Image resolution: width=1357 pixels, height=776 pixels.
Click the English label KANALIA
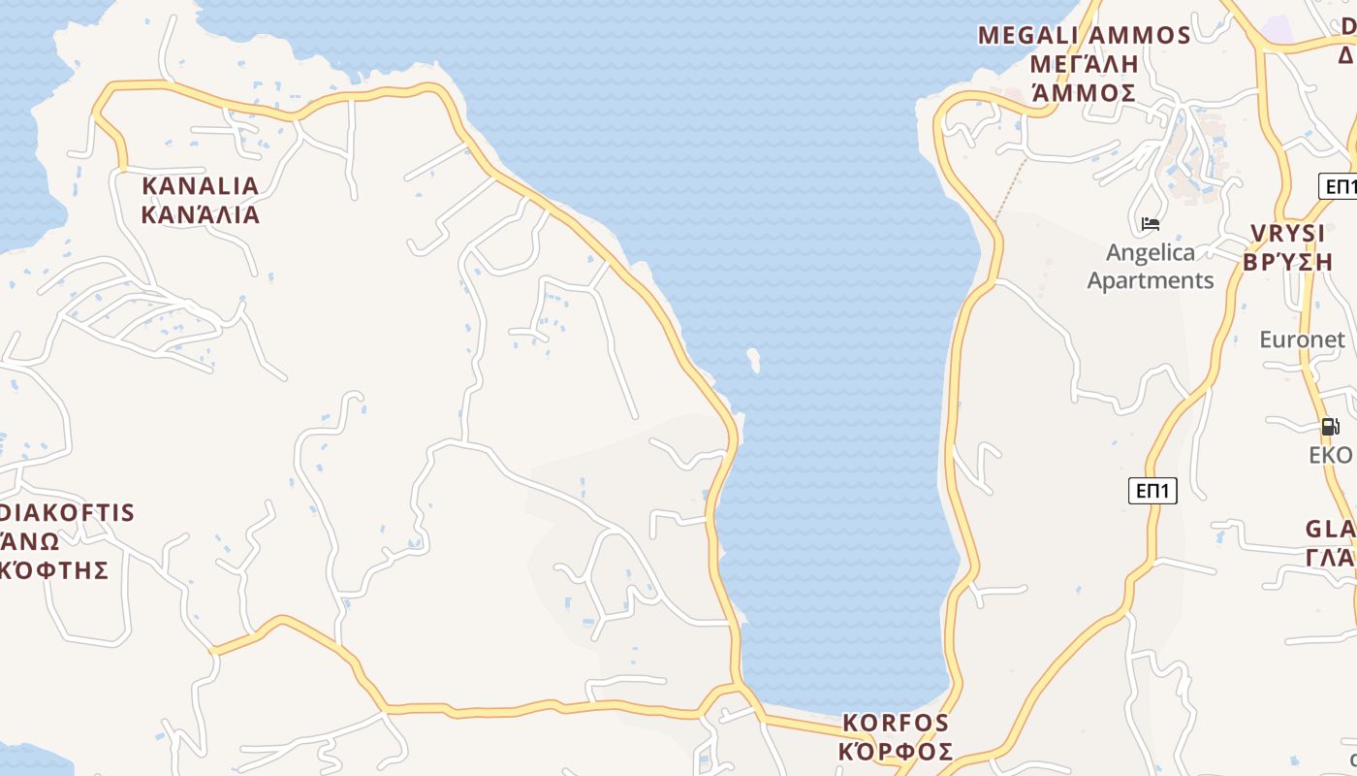201,185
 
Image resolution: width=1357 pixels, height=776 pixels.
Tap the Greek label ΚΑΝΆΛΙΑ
201,214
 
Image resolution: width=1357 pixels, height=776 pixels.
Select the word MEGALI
1028,36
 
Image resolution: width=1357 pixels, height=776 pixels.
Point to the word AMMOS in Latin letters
1140,36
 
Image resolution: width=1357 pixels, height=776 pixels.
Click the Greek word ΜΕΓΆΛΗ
1084,64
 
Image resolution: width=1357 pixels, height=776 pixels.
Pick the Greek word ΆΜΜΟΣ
1084,93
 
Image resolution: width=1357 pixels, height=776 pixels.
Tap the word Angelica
1151,253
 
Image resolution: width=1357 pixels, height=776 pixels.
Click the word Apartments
1151,280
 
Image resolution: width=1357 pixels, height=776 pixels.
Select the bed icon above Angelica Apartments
1151,224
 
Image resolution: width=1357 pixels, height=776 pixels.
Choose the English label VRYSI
1287,234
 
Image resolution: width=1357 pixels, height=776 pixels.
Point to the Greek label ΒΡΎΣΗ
1287,262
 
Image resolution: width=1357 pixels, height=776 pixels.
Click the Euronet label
1302,339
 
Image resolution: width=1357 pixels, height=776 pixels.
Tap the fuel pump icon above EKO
1330,426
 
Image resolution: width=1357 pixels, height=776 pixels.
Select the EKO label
1330,455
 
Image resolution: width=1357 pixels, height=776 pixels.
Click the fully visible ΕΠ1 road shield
1152,491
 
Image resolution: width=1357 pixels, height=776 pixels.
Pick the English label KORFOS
896,723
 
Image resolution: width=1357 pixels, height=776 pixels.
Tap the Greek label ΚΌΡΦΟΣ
896,752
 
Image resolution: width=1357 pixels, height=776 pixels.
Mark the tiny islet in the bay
753,360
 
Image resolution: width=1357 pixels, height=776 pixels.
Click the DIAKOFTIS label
68,512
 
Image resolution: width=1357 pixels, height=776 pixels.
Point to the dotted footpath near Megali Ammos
1011,188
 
